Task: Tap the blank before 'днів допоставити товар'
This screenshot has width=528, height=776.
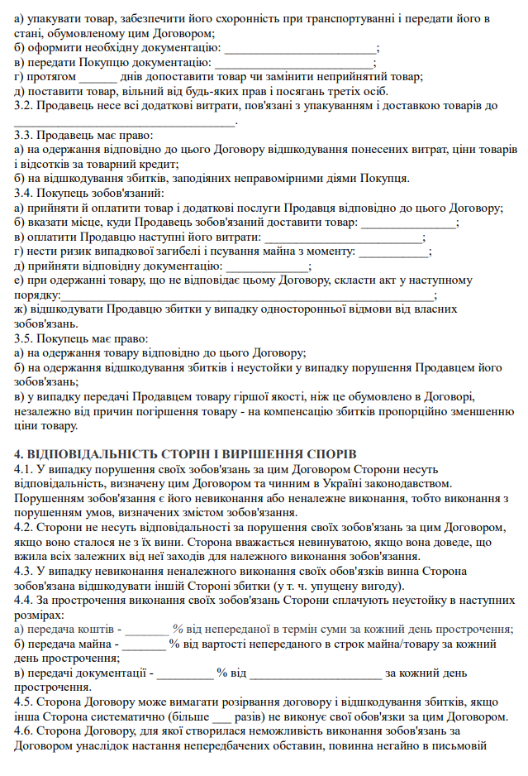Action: (98, 77)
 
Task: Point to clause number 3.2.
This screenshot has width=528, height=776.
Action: (25, 106)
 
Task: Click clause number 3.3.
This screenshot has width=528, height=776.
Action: (25, 136)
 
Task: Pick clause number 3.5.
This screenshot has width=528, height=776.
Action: (25, 339)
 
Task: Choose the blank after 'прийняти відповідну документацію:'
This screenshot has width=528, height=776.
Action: (267, 267)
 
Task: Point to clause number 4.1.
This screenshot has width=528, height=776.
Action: (25, 469)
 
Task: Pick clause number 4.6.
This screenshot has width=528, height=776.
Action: (25, 731)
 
